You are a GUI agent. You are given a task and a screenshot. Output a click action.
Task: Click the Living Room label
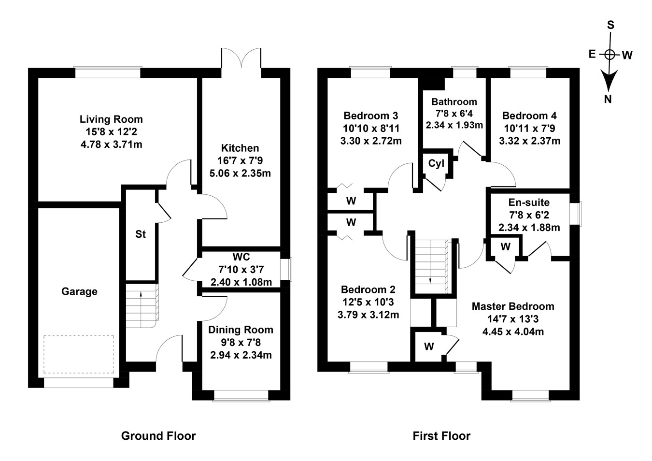point(111,119)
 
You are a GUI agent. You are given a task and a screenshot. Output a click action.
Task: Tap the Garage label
point(79,291)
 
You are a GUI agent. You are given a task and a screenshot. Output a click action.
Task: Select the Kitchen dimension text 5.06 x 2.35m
point(240,173)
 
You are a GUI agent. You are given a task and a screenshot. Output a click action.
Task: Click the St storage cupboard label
point(141,234)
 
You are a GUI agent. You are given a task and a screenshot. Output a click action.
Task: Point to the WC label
point(241,257)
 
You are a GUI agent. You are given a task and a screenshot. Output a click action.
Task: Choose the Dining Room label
point(241,330)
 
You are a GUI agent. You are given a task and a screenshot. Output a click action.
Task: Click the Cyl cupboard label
point(436,164)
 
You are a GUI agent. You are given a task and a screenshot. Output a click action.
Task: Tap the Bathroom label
point(454,101)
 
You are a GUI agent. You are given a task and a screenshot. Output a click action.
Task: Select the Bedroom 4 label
point(529,115)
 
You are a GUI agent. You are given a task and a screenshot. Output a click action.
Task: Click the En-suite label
point(529,202)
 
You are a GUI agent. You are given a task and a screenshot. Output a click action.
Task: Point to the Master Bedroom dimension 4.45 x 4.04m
point(513,331)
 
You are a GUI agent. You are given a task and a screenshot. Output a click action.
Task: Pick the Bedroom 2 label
point(368,289)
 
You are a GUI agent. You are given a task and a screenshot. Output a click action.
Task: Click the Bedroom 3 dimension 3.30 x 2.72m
point(371,141)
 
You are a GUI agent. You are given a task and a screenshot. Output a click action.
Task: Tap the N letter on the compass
point(608,100)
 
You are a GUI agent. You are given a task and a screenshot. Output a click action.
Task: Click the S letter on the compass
point(610,25)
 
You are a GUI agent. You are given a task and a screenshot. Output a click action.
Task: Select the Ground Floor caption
point(158,436)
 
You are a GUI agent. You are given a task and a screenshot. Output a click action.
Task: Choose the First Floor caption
point(441,436)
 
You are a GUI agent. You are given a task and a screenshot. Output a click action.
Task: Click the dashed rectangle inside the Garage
point(79,336)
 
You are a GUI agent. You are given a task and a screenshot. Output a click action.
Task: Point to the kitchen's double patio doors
point(241,58)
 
